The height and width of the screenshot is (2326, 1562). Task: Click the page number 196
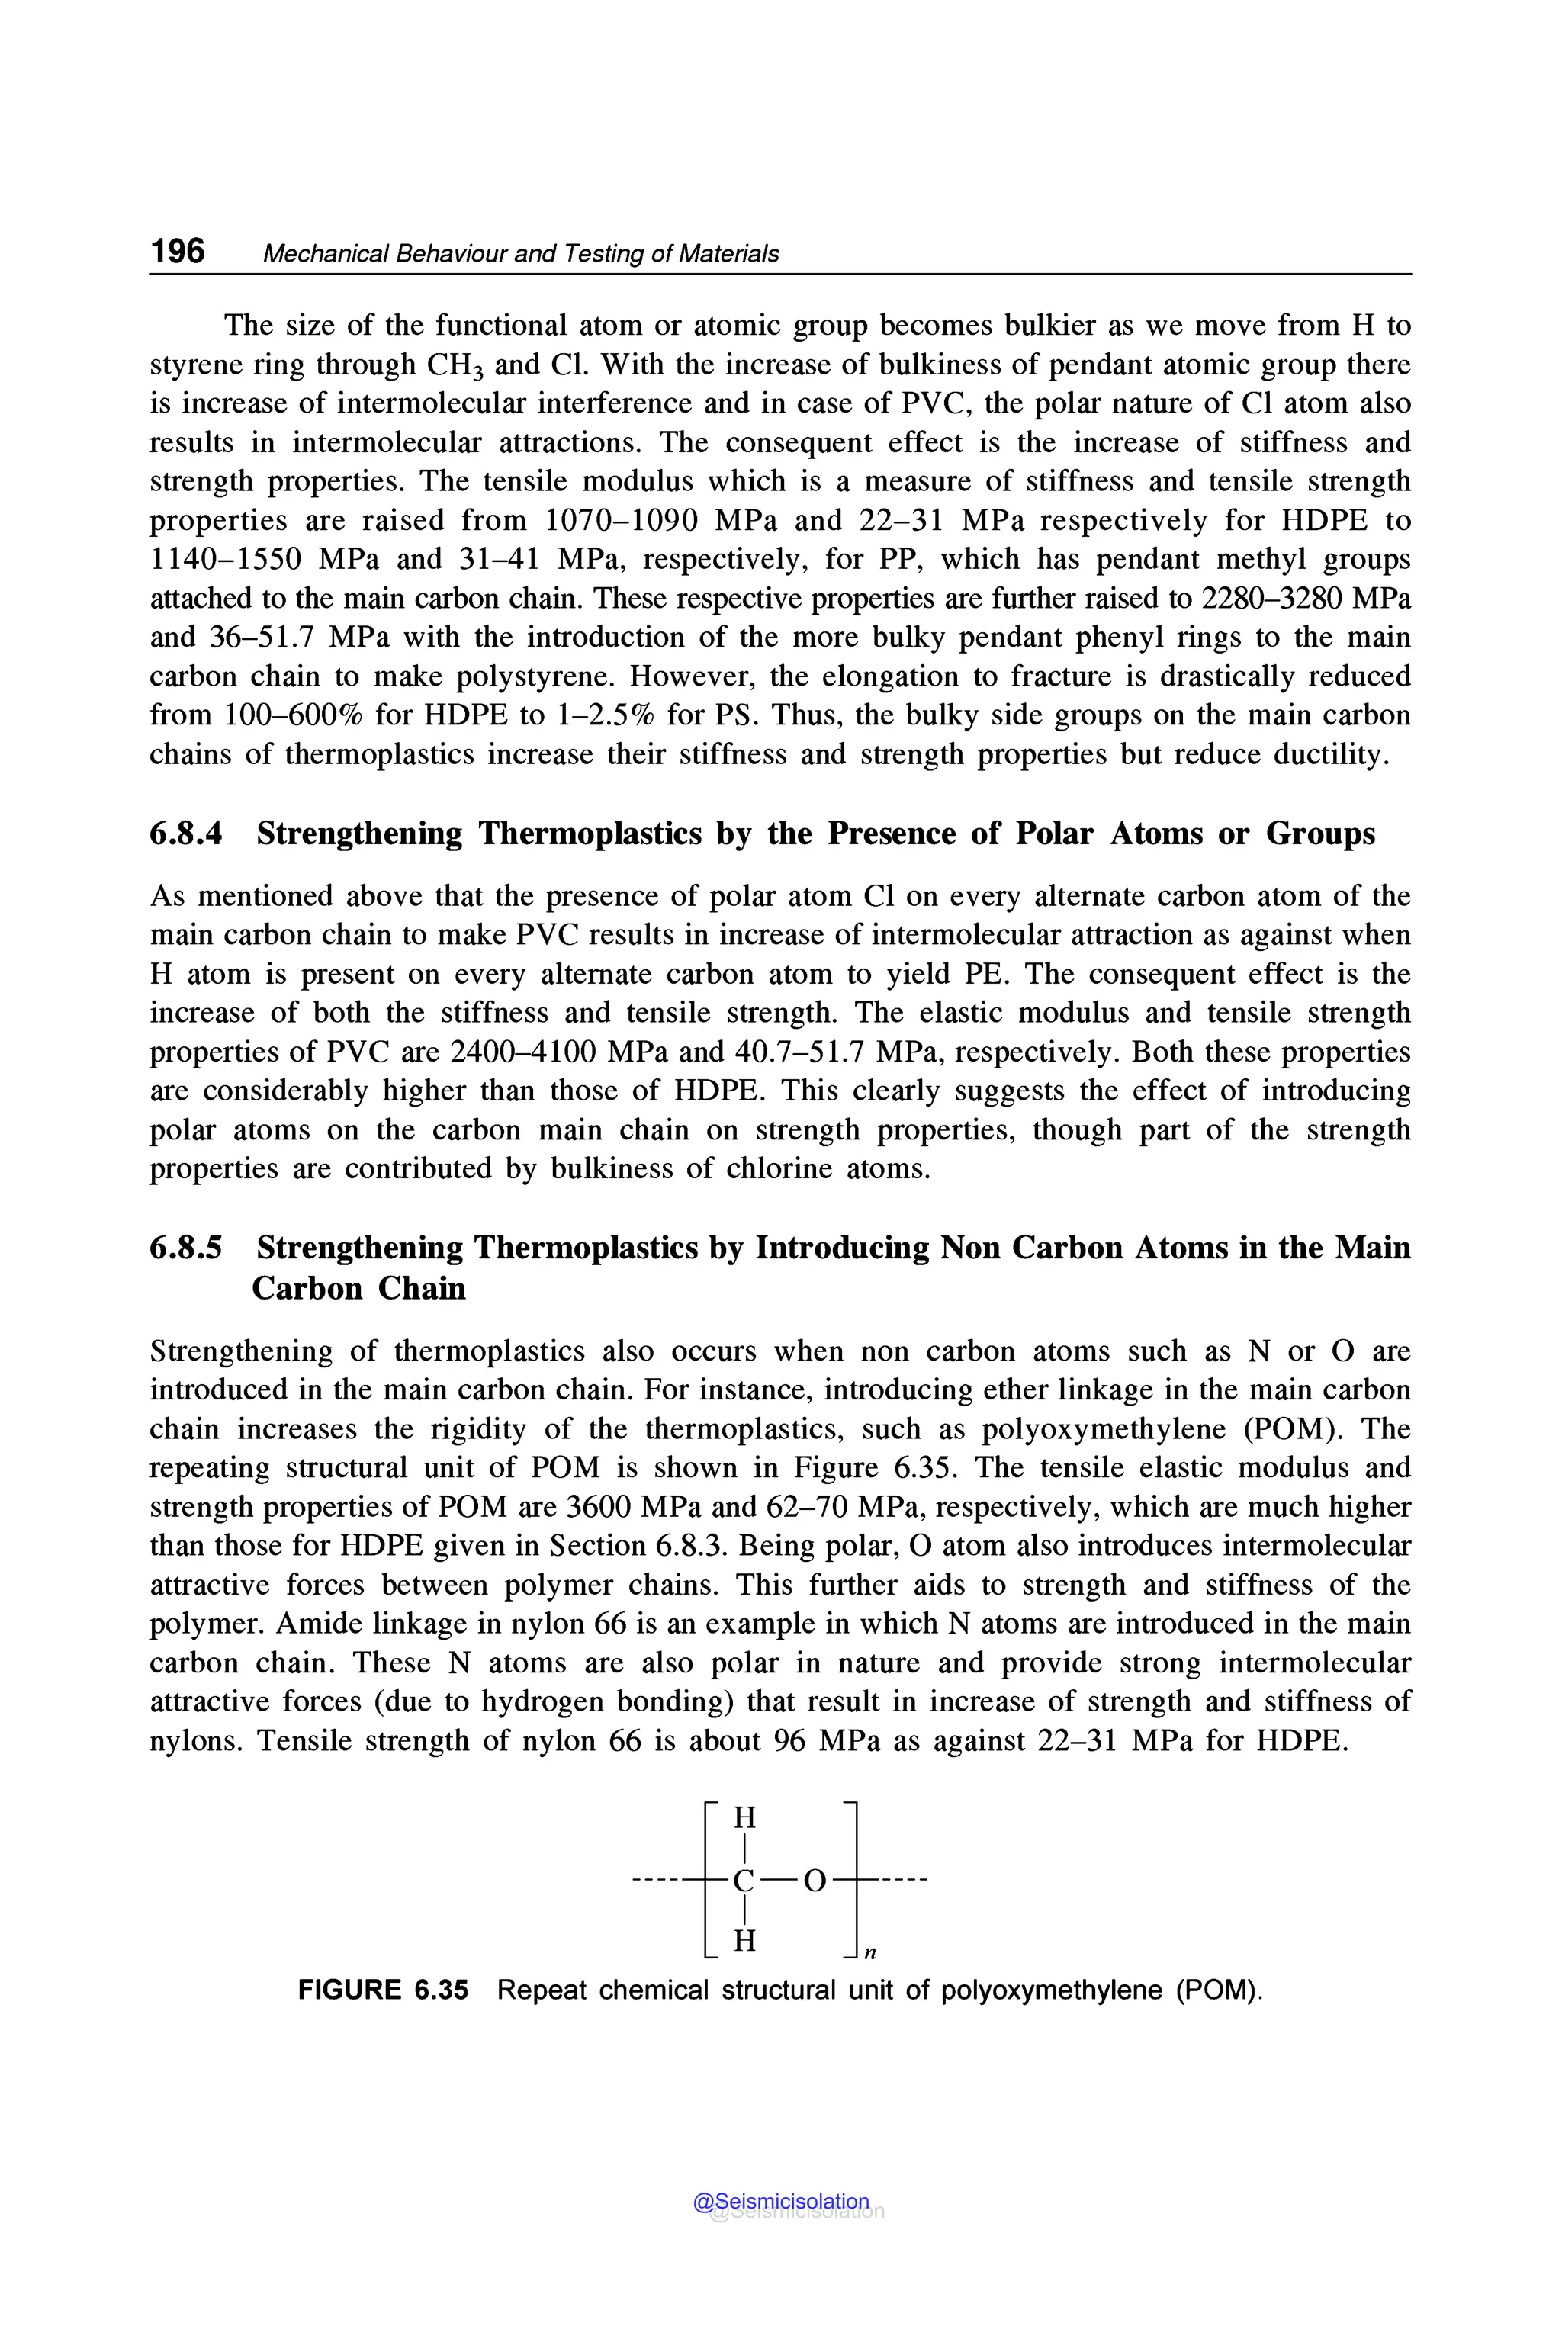tap(177, 251)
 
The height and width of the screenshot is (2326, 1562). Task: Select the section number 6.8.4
tap(186, 833)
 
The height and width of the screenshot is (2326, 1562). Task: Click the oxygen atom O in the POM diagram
tap(814, 1881)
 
